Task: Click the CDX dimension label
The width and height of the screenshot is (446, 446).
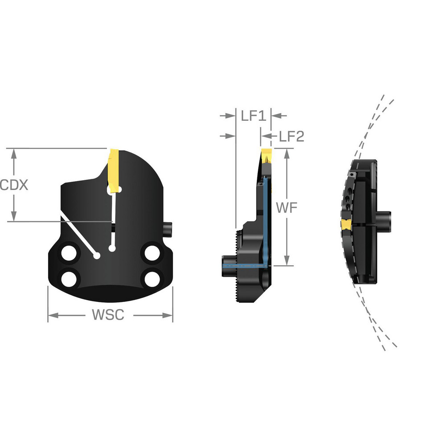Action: (x=14, y=185)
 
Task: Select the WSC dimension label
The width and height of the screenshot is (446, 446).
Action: (x=107, y=315)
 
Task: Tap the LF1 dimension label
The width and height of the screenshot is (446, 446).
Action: (x=253, y=116)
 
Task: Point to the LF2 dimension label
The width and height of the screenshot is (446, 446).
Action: (x=291, y=136)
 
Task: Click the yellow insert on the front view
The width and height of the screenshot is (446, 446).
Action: (x=114, y=170)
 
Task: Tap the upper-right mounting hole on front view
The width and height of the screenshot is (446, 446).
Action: (x=151, y=254)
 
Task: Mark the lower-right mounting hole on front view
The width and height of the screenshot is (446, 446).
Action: (x=151, y=278)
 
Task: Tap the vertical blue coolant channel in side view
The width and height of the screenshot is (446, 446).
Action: (x=265, y=219)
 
